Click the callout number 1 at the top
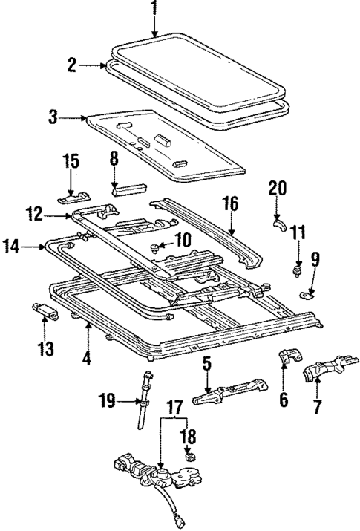coord(154,10)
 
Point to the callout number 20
coord(276,189)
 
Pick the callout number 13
coord(46,348)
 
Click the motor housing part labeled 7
coord(324,369)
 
